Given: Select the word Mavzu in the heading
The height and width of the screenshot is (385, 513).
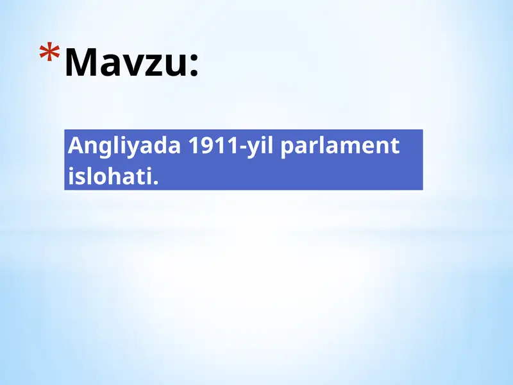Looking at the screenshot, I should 126,62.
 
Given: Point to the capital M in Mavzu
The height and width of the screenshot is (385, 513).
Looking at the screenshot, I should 81,62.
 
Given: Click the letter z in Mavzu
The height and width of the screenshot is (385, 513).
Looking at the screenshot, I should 153,66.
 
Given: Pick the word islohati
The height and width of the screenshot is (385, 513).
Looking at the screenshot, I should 110,175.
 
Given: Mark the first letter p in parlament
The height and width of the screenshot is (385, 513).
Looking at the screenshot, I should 287,150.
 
